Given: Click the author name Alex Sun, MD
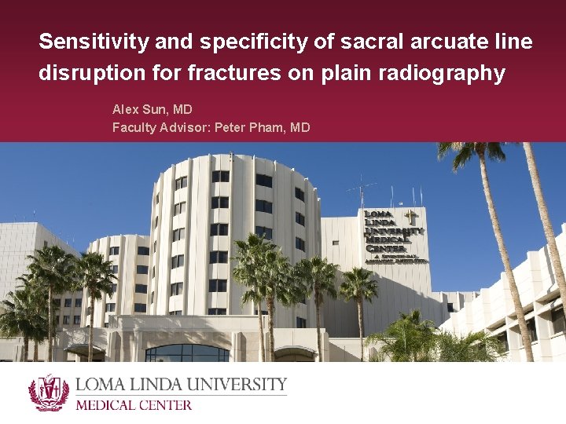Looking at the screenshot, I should (153, 110).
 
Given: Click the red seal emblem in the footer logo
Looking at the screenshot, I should (49, 393).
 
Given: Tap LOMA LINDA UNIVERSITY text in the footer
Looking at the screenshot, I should (181, 386).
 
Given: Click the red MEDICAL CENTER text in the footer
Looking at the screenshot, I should (134, 405).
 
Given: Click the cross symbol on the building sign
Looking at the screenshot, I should (410, 217).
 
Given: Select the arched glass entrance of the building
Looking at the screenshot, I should (187, 353).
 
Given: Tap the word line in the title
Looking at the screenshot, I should (514, 42).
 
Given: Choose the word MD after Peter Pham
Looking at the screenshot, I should (300, 127).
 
